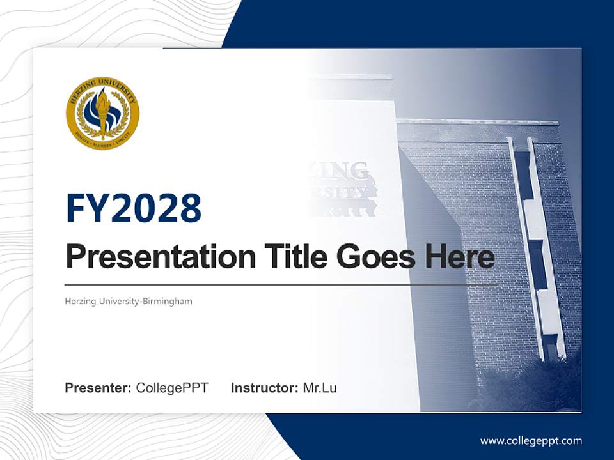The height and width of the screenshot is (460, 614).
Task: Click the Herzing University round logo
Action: (x=102, y=114)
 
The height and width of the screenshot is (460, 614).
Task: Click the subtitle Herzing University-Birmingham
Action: (x=129, y=301)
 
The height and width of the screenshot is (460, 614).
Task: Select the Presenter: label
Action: (x=98, y=388)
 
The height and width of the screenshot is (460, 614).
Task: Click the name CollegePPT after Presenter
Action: (x=172, y=388)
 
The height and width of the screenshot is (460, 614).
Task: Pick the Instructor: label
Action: (x=264, y=388)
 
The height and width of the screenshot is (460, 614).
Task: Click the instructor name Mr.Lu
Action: (x=320, y=388)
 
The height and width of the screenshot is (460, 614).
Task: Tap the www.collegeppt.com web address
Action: (x=531, y=441)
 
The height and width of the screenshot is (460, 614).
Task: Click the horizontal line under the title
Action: (x=281, y=284)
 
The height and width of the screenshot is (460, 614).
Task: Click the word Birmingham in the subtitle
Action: (x=167, y=301)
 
